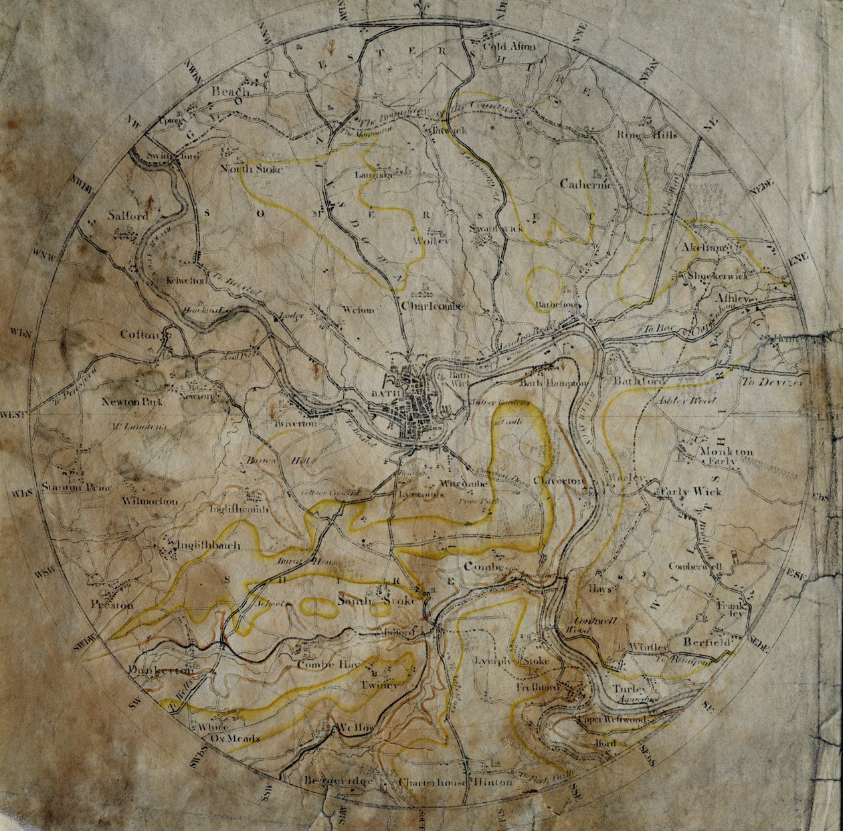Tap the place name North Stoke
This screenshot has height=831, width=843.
click(x=252, y=169)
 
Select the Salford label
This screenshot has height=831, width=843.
click(x=128, y=216)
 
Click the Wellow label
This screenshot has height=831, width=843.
click(x=357, y=727)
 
